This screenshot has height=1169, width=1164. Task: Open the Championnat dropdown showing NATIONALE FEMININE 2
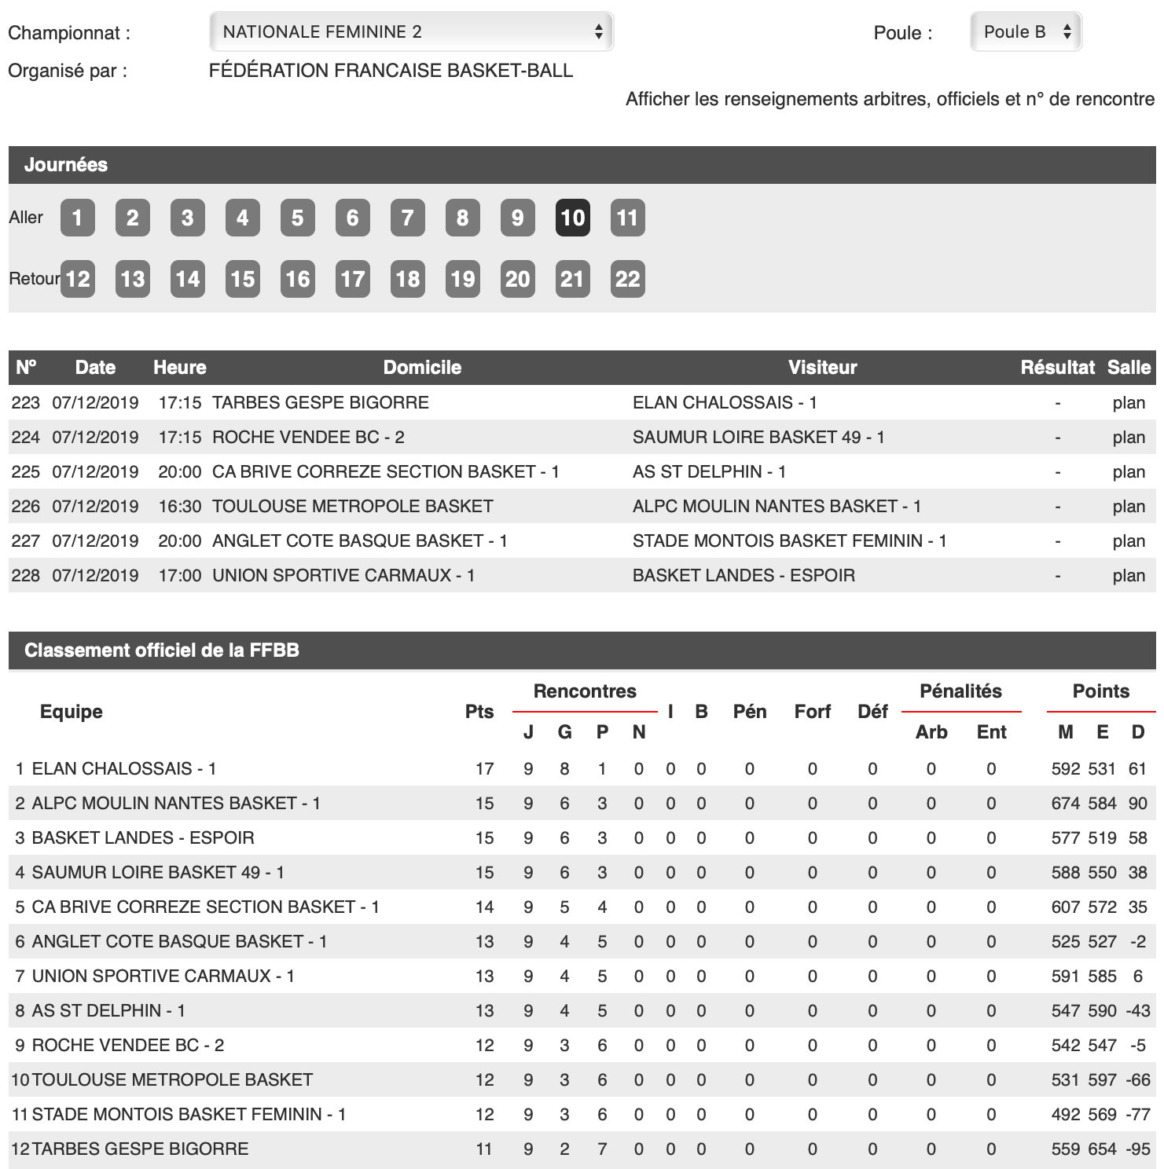pos(410,32)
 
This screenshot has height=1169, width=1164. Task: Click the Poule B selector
pos(1026,32)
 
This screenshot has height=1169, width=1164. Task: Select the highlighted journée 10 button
pos(572,218)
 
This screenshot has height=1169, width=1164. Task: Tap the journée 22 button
pos(627,279)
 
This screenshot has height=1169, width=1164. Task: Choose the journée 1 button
pos(77,218)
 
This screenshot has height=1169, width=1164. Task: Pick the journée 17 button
pos(352,279)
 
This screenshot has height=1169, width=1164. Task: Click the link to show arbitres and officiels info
pos(890,99)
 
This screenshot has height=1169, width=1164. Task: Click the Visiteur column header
pos(822,368)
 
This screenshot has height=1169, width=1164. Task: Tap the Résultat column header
pos(1057,368)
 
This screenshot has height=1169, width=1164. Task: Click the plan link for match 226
pos(1129,507)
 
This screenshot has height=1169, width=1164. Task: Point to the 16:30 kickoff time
pos(180,507)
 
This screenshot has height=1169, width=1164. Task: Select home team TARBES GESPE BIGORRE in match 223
pos(321,403)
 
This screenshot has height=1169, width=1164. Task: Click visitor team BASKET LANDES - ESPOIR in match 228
pos(744,576)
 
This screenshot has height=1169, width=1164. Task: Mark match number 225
pos(25,472)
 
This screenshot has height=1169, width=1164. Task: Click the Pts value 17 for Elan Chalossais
pos(484,769)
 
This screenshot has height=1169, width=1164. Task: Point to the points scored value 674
pos(1066,804)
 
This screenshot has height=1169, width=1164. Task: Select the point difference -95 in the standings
pos(1137,1149)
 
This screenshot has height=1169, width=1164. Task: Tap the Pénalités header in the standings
pos(960,691)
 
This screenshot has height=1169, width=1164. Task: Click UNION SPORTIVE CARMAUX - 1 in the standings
pos(163,977)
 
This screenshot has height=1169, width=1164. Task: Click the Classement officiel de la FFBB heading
pos(162,650)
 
